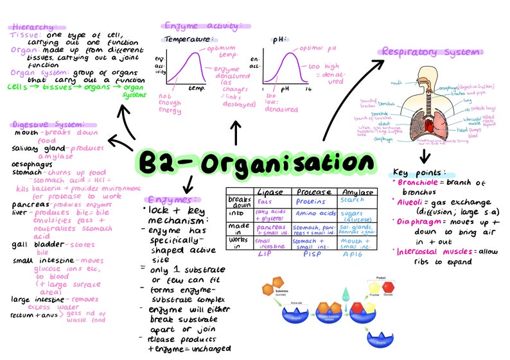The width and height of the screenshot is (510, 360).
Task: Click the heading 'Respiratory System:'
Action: point(432,51)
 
